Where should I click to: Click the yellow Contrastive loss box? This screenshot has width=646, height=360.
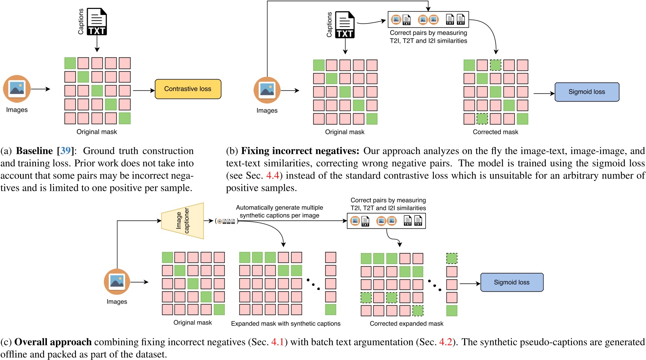click(188, 89)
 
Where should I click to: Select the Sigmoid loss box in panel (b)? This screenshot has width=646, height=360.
click(587, 92)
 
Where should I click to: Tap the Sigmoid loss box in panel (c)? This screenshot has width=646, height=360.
click(512, 282)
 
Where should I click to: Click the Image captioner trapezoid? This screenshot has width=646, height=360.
click(183, 221)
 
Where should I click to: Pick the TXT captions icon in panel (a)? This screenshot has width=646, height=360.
click(97, 22)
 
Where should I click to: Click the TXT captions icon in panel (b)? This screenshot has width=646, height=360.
click(345, 25)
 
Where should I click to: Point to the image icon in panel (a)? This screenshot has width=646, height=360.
click(17, 89)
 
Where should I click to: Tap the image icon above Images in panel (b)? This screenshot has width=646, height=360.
click(267, 90)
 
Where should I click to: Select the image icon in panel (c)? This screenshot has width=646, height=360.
click(117, 282)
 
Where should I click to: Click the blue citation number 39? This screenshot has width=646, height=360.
click(65, 151)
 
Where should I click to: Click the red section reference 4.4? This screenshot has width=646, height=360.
click(273, 175)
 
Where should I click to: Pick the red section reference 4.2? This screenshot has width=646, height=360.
click(446, 342)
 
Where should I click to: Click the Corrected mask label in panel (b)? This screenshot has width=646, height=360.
click(495, 132)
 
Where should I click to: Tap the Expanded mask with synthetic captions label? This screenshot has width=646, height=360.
click(285, 324)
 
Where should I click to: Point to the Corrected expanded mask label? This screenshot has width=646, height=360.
click(406, 324)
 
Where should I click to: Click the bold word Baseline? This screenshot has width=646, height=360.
click(35, 151)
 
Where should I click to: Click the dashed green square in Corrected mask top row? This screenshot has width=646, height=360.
click(496, 65)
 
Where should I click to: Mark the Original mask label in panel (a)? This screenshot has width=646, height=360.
click(97, 132)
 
